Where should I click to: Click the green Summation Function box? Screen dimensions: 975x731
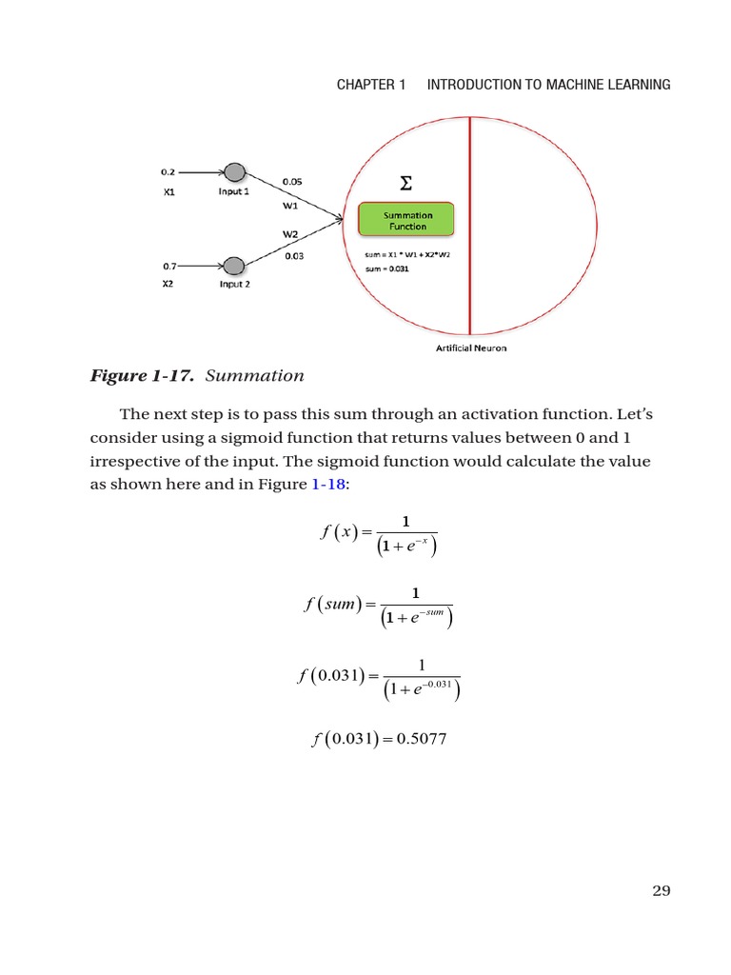406,221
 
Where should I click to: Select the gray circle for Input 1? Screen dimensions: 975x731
234,173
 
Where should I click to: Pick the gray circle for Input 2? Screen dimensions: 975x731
234,266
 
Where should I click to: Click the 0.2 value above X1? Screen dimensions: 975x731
168,172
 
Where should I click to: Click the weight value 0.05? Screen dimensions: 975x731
292,181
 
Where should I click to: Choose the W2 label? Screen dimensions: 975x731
289,233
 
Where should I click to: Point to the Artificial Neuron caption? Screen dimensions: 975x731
471,348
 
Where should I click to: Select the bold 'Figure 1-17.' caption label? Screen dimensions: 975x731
143,375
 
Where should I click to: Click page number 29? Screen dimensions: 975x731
662,890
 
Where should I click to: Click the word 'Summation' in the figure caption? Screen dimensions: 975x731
254,375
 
